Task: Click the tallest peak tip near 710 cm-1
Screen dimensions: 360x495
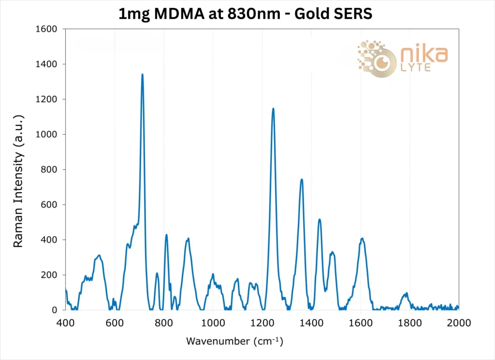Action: click(142, 75)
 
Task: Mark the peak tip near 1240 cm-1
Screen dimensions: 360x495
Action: click(273, 108)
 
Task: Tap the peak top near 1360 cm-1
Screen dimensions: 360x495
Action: click(302, 180)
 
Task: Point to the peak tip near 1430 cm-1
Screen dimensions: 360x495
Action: click(320, 219)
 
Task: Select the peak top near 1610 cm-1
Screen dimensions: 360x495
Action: click(362, 238)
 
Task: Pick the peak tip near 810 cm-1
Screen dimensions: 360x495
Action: click(166, 235)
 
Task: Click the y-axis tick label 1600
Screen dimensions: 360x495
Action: click(47, 29)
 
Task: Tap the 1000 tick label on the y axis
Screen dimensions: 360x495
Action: click(47, 135)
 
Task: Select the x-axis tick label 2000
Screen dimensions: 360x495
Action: click(458, 323)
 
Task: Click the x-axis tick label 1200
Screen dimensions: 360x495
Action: click(262, 323)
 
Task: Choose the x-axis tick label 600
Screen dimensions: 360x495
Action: click(115, 323)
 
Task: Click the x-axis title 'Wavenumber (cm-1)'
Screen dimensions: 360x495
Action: click(234, 341)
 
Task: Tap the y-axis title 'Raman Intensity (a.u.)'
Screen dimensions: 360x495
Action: click(18, 181)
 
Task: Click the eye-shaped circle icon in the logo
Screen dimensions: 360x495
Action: click(382, 63)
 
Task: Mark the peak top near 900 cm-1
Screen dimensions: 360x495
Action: click(188, 238)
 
